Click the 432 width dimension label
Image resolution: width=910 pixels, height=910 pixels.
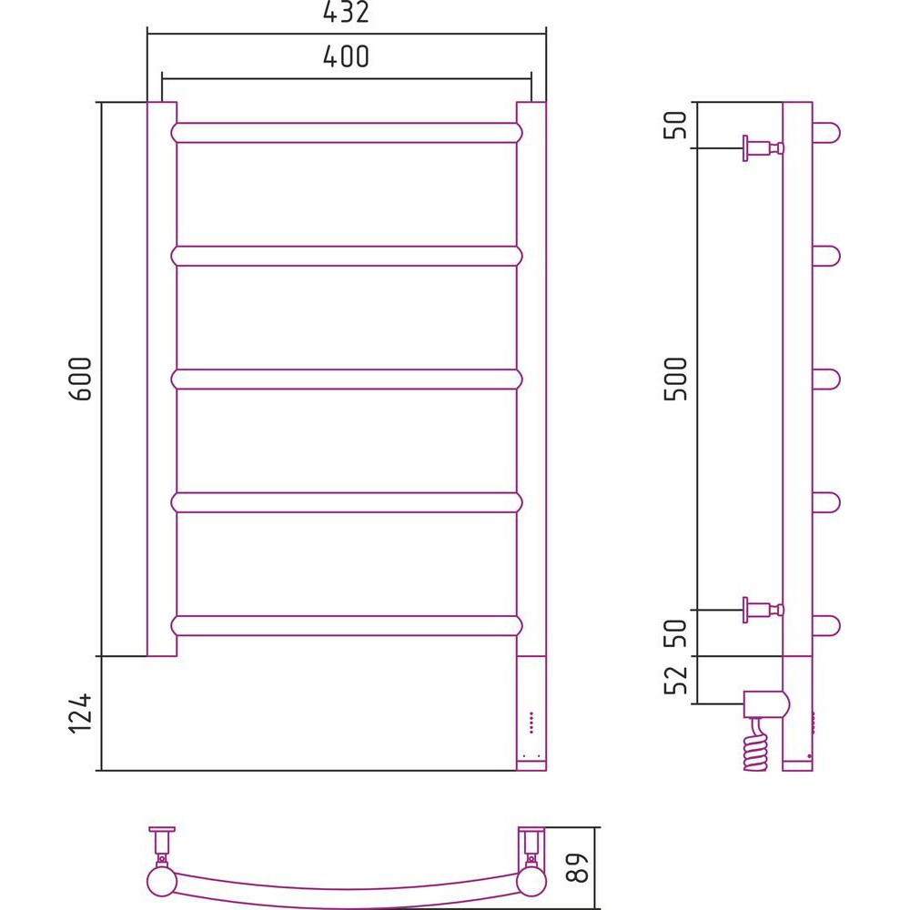[346, 12]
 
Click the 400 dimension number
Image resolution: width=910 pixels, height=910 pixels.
[346, 56]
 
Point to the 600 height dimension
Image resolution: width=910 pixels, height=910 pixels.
[81, 379]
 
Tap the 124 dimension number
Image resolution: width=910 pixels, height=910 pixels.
[81, 713]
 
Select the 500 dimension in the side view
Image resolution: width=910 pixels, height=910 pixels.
[675, 379]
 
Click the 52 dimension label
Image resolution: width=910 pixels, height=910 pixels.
[675, 680]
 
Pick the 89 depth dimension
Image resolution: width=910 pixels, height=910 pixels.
[578, 867]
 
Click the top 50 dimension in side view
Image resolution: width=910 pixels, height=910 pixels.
[675, 125]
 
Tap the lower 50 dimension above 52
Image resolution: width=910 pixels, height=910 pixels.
[675, 633]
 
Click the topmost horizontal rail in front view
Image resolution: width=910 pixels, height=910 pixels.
[347, 133]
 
